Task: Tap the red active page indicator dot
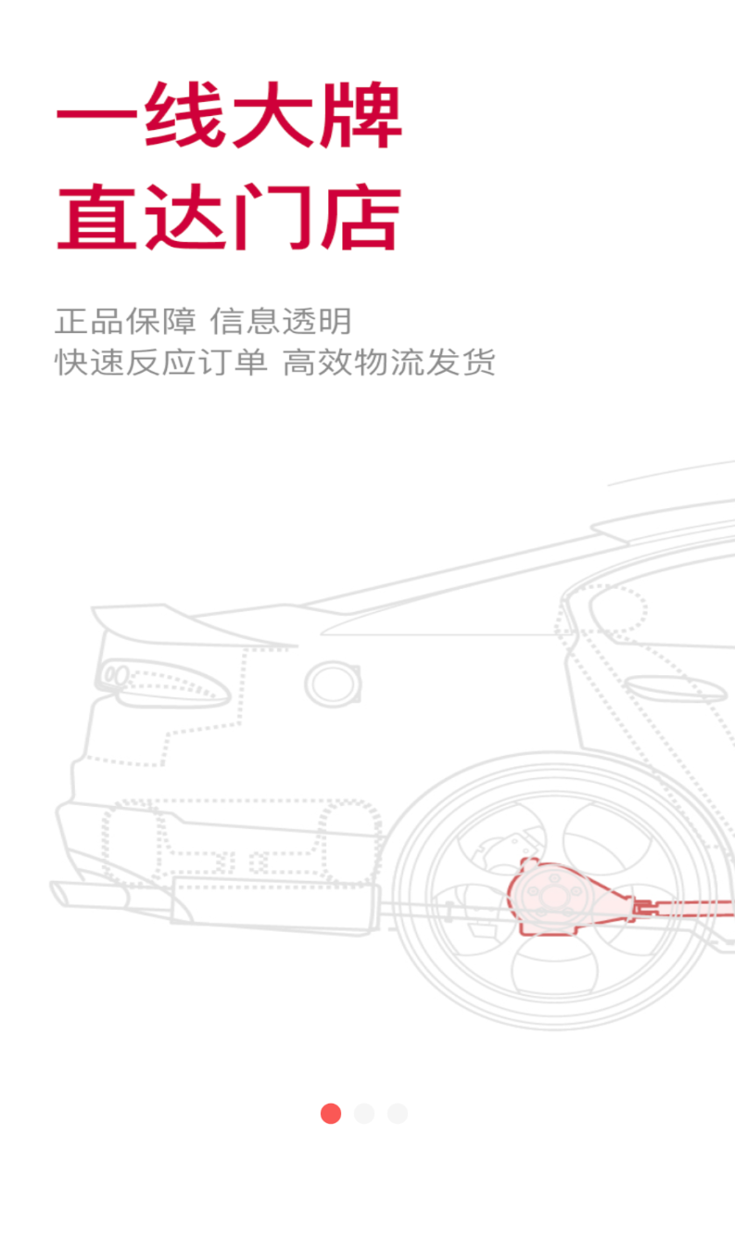pos(331,1114)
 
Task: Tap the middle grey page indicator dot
pos(364,1114)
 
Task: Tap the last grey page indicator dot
pos(398,1114)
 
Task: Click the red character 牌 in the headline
pos(361,116)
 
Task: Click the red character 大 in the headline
pos(272,116)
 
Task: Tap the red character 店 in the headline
pos(361,216)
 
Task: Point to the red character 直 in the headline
pos(97,216)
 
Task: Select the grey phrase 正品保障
pos(126,321)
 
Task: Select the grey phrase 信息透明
pos(281,321)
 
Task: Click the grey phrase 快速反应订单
pos(161,363)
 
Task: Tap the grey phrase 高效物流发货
pos(388,363)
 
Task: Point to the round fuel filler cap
pos(333,684)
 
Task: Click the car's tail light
pos(162,683)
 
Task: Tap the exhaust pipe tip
pos(89,894)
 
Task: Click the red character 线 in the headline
pos(184,116)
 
